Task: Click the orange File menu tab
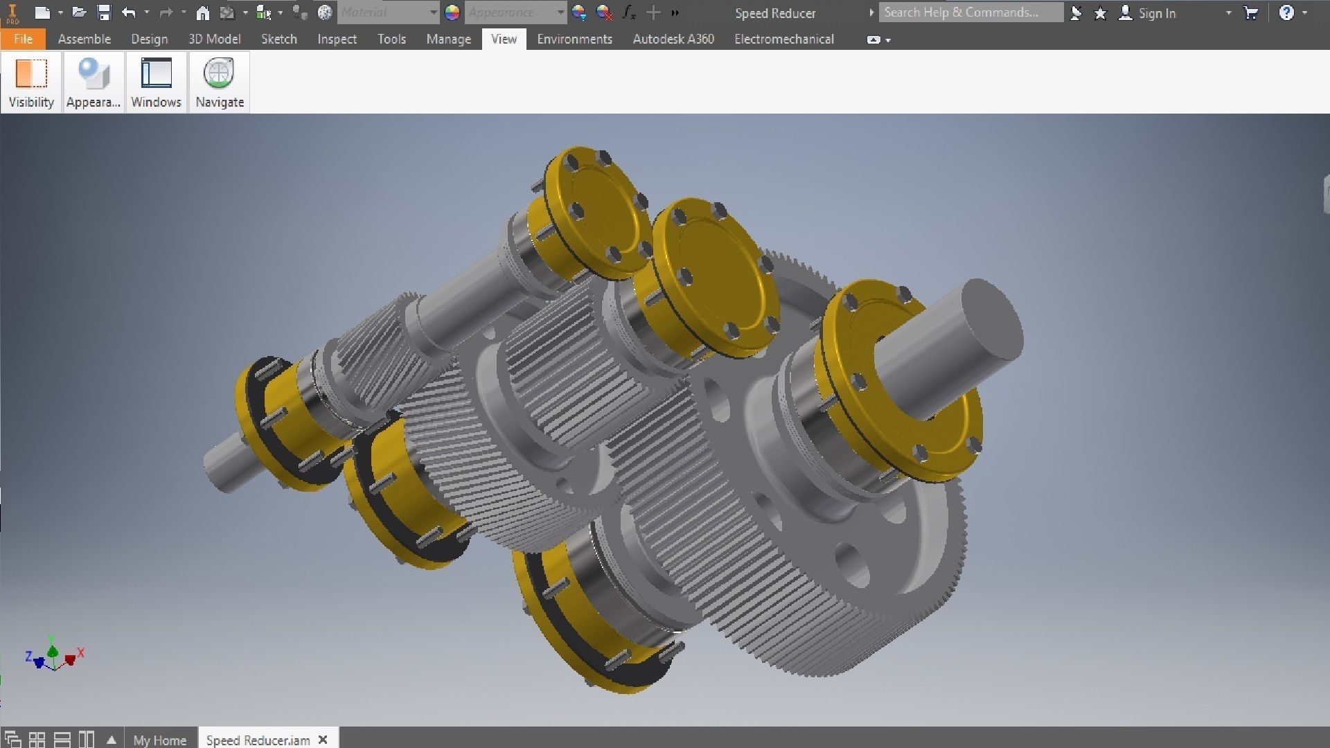23,39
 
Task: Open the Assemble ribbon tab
84,39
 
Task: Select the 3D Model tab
214,39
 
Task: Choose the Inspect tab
337,39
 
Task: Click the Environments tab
574,39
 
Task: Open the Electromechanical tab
783,39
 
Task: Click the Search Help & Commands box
970,12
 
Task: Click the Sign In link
1156,13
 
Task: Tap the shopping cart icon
1250,12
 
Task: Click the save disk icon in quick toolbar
104,12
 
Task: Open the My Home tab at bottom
159,740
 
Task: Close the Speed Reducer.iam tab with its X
323,740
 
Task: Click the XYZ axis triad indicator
53,655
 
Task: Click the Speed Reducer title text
774,13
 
